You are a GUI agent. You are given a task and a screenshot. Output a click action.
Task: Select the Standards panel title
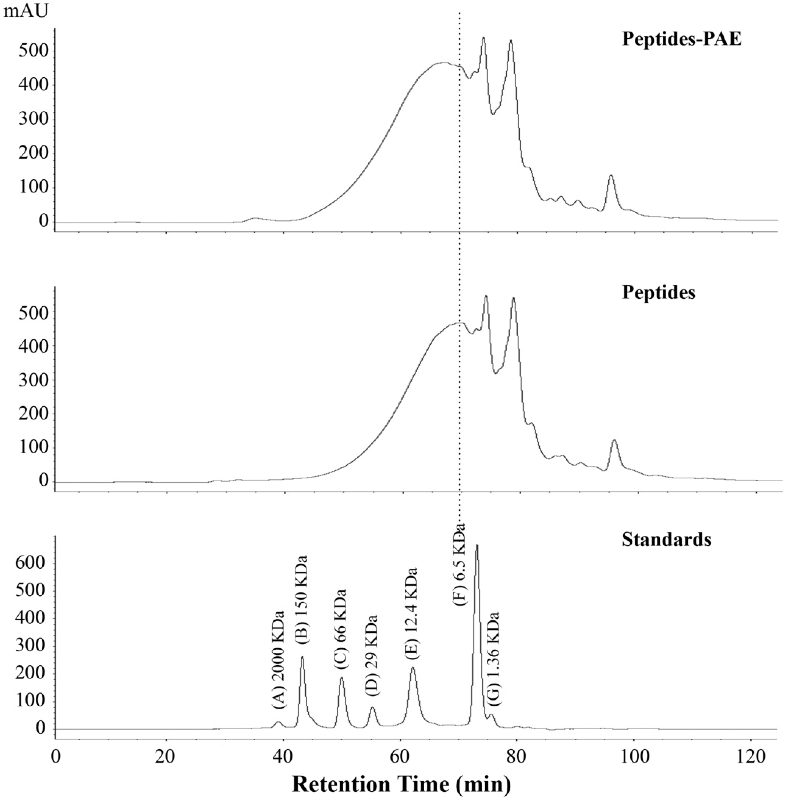pos(666,539)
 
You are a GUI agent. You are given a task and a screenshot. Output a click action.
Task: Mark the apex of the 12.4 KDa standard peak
pos(413,667)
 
